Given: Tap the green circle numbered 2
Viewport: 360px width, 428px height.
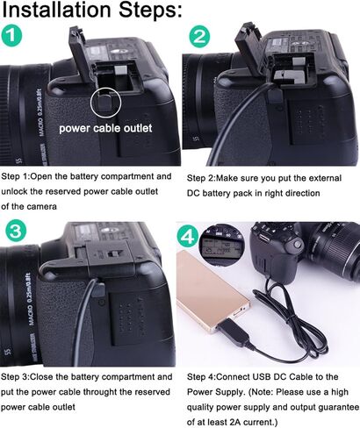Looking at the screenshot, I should (x=200, y=38).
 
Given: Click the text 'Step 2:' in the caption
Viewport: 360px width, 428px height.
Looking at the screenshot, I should (x=203, y=176).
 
